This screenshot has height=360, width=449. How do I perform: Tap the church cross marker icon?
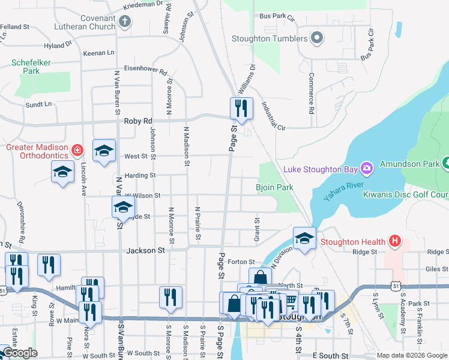[124, 23]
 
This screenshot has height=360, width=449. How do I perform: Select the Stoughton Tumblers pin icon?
[318, 39]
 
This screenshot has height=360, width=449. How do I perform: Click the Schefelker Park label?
[31, 66]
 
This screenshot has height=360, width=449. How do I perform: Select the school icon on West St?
[104, 151]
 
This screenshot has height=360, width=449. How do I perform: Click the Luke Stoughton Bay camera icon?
[367, 167]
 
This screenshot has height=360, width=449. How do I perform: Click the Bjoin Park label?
[274, 188]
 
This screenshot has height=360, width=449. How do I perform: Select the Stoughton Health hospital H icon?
[394, 242]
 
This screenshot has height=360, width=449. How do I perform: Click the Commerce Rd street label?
[312, 94]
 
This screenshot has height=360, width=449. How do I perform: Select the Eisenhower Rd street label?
[145, 69]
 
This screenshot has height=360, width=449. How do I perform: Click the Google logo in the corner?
[20, 353]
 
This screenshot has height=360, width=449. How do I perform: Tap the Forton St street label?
[242, 262]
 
